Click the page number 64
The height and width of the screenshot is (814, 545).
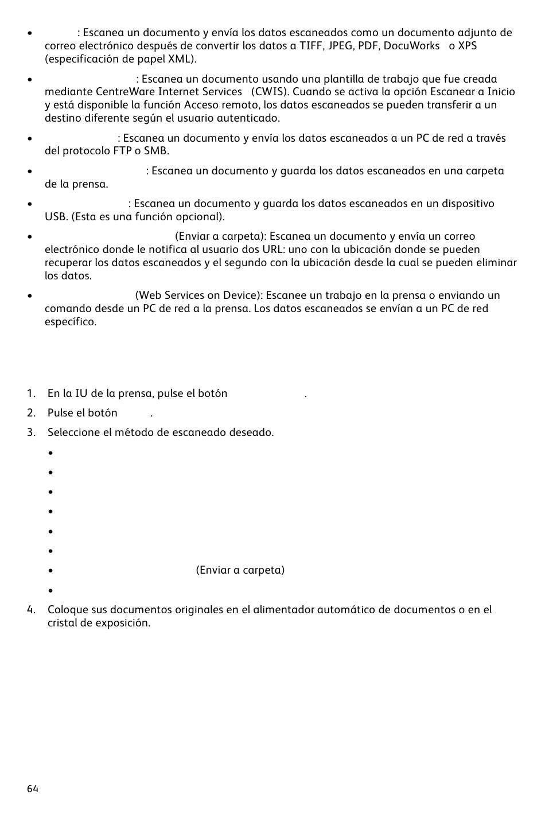pos(32,789)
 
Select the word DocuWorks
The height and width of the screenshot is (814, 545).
pos(411,46)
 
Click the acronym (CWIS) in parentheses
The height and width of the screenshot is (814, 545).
pos(269,92)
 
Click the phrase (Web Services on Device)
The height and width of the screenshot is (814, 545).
pos(198,295)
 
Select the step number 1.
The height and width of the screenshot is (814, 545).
pos(30,394)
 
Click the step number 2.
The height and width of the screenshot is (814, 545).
pos(30,413)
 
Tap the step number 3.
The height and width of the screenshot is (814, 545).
pos(30,433)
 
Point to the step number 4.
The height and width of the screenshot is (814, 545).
pos(30,610)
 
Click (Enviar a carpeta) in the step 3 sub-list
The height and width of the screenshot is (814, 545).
pos(240,570)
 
